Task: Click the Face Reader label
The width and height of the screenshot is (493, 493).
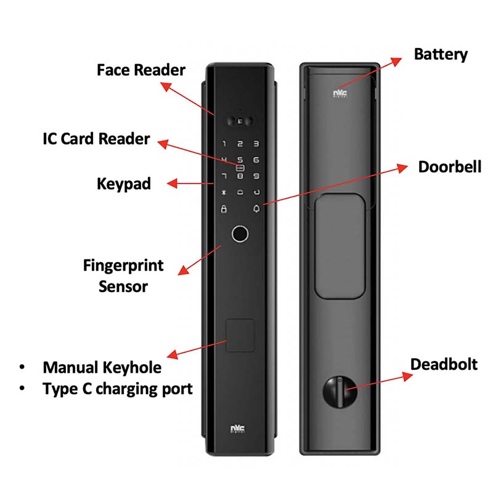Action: point(141,70)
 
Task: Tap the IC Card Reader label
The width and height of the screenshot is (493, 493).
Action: point(96,139)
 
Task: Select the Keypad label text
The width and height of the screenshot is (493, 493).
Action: point(124,184)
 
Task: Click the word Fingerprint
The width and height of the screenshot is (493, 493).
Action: point(123,266)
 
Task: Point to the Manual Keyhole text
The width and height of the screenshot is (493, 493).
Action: point(102,367)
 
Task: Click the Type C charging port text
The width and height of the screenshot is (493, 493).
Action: point(118,389)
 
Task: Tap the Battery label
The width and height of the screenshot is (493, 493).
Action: point(441,55)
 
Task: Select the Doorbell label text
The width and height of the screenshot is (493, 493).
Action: point(450,166)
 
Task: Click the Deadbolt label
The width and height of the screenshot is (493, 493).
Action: point(444,364)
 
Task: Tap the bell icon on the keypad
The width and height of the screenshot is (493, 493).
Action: point(256,209)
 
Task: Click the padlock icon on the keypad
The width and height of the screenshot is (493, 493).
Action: point(224,209)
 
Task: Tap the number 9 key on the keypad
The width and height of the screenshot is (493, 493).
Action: point(256,176)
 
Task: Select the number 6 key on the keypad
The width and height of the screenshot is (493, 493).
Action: point(256,160)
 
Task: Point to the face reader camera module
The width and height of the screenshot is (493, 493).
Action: point(240,121)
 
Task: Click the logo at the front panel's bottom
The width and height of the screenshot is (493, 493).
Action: point(238,429)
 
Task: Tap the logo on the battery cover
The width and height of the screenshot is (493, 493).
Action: point(340,94)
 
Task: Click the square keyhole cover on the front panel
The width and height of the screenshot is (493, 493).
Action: point(240,335)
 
